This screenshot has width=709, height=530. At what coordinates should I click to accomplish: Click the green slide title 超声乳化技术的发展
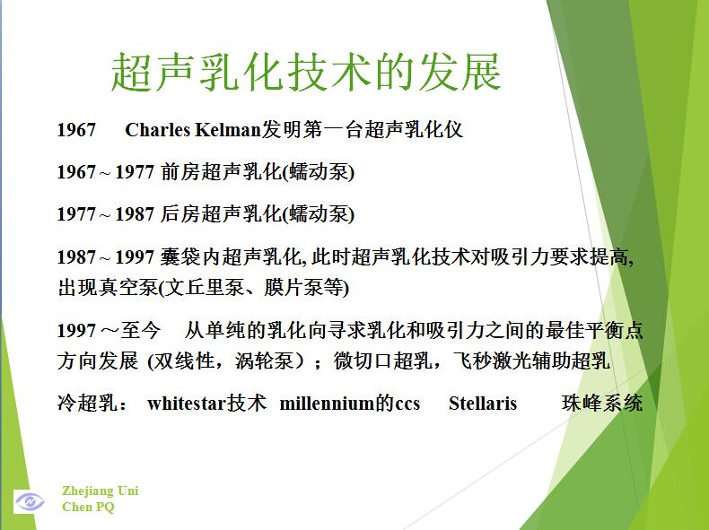click(306, 72)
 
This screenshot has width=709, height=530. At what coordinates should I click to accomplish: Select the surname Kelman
click(228, 130)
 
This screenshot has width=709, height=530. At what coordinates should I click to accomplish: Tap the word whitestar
click(187, 403)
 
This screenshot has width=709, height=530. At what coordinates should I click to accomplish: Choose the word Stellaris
click(483, 403)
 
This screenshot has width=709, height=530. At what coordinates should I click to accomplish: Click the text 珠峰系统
click(602, 403)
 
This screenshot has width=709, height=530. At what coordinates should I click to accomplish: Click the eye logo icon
click(30, 501)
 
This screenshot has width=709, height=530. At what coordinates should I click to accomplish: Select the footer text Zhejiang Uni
click(100, 491)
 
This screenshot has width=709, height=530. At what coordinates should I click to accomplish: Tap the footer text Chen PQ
click(88, 507)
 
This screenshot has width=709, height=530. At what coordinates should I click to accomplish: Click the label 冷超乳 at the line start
click(87, 403)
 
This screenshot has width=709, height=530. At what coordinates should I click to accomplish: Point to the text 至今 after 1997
click(140, 330)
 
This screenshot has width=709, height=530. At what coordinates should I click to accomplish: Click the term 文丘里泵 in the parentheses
click(206, 288)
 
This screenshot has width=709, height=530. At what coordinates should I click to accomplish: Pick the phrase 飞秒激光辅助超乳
click(531, 361)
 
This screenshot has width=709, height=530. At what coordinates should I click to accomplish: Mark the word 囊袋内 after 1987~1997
click(190, 256)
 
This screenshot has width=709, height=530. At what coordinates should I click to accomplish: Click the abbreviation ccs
click(407, 404)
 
